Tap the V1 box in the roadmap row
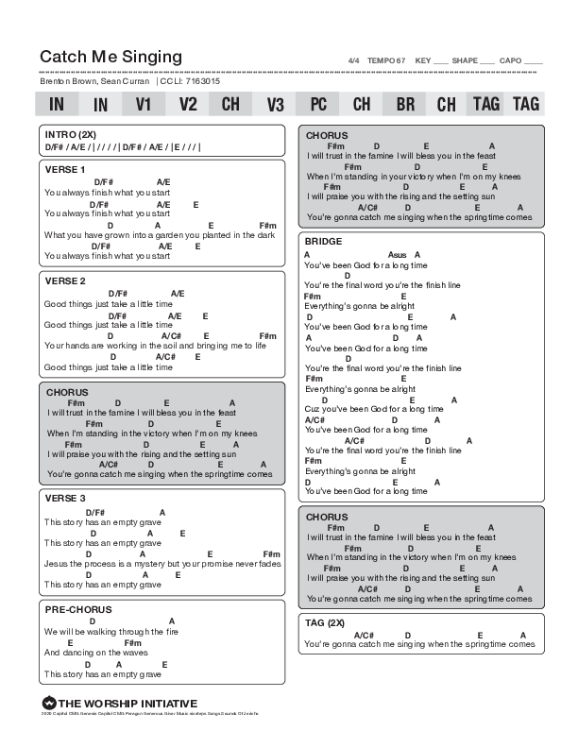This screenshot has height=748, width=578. coord(144,104)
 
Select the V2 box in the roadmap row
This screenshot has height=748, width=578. coord(187,104)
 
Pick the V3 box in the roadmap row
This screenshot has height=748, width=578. coord(275,104)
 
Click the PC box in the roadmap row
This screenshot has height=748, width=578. coord(318,104)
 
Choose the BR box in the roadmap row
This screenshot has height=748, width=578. coord(405,104)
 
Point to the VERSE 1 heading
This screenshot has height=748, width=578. coord(65,169)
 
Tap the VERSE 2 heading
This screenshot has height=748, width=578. coord(65,280)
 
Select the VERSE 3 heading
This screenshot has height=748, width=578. coord(65,498)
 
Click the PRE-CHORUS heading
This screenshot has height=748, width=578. coord(77,609)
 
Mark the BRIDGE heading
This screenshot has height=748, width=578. coord(323,242)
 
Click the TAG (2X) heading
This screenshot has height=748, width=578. coord(325,623)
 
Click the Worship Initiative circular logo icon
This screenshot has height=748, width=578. coord(48,703)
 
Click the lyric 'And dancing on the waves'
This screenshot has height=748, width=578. coord(83,652)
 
